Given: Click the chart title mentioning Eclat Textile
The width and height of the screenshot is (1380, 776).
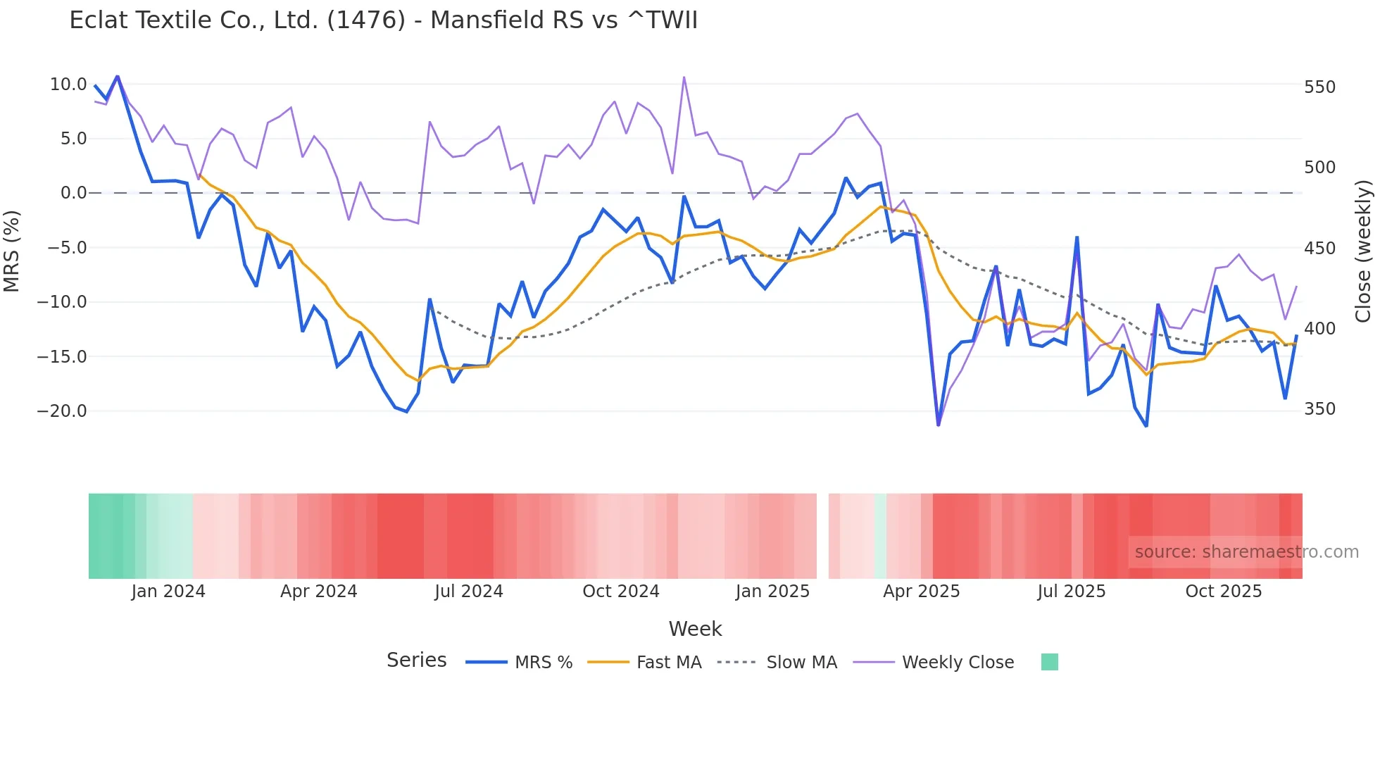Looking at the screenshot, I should (383, 20).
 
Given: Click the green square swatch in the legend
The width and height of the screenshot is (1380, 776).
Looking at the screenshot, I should (1049, 662).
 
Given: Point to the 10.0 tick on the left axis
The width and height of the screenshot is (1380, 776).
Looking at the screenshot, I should (68, 85).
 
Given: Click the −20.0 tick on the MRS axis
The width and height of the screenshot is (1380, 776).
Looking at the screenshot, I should (62, 411).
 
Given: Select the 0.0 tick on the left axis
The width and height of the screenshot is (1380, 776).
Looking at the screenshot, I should (73, 193).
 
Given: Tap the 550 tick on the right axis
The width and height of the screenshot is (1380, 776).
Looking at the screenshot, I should (1319, 87).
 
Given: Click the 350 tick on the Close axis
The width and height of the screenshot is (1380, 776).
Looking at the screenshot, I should (1319, 409).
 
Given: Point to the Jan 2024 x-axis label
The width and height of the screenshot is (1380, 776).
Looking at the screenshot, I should (168, 592).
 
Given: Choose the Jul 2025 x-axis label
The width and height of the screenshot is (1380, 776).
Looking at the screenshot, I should (1071, 592).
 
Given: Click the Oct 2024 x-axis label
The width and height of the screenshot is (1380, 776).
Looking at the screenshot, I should (620, 592).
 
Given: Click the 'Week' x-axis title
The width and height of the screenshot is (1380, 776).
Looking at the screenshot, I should (695, 629).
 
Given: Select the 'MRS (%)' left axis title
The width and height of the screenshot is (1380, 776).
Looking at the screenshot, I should (12, 251).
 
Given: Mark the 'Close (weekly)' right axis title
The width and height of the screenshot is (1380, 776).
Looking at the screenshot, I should (1363, 251).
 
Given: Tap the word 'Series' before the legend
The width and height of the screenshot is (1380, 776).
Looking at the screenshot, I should (416, 661).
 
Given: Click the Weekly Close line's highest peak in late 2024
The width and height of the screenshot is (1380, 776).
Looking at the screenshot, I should (684, 77).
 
